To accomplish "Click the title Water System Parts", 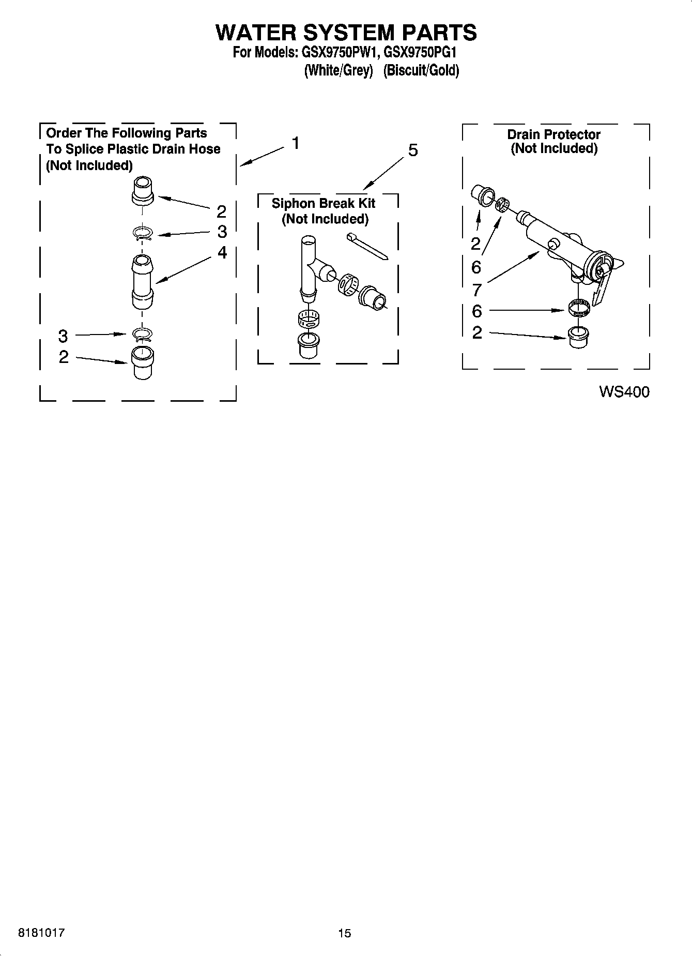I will (x=346, y=33).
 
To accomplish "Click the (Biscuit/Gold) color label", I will (x=421, y=70).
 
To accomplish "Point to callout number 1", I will (x=295, y=143).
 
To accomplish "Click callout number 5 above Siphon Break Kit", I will (x=413, y=150).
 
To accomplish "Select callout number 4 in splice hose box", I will (x=222, y=252).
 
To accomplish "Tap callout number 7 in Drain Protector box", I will (x=476, y=290).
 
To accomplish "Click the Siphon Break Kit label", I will (x=324, y=203).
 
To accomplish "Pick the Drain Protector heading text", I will (x=553, y=134).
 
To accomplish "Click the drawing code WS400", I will (x=624, y=392).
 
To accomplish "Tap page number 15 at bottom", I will (x=345, y=933).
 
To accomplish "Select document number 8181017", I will (x=41, y=933).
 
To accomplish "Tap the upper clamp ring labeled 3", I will (x=142, y=234).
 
